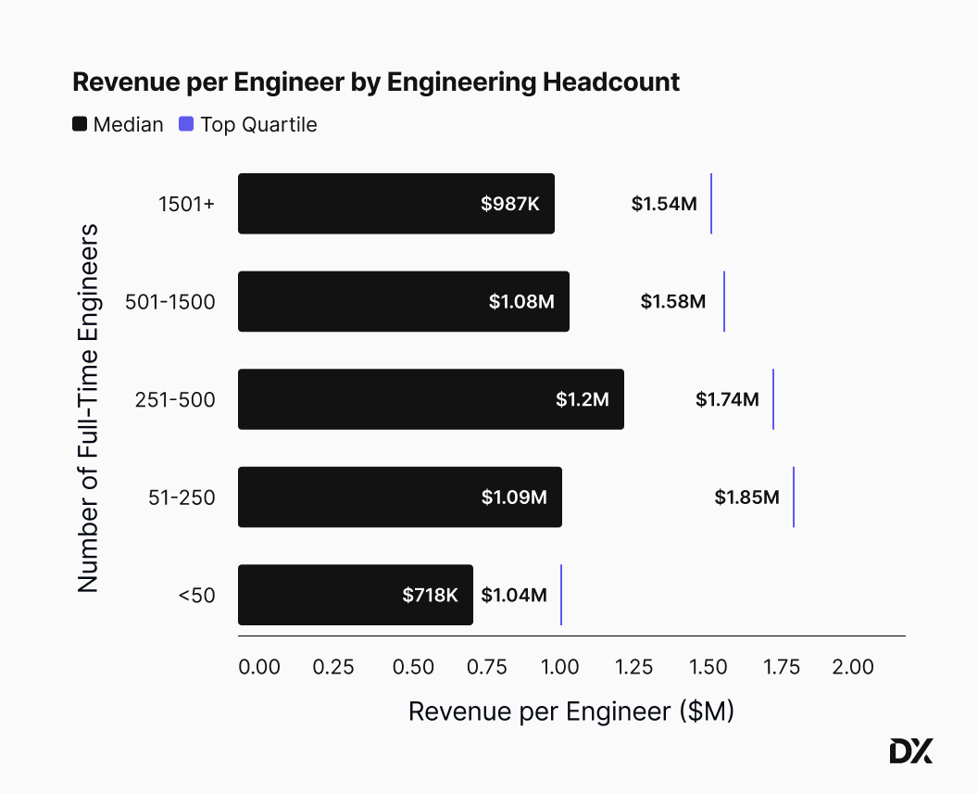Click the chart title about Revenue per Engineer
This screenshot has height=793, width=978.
(376, 82)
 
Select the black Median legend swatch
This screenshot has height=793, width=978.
(80, 124)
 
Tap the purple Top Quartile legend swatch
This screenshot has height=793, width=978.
(186, 124)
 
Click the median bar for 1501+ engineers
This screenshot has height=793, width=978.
(395, 204)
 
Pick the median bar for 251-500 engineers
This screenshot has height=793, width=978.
(431, 399)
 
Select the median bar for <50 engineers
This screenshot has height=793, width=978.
(355, 595)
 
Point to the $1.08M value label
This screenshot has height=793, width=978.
(521, 301)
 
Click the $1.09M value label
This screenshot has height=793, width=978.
(514, 497)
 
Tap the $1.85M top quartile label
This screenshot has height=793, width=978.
(746, 497)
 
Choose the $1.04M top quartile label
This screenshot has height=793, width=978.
(514, 595)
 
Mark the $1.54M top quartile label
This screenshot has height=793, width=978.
(664, 204)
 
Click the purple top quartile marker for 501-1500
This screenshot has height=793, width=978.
(724, 301)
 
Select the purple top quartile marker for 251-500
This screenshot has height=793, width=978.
(773, 399)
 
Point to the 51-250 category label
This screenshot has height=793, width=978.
(183, 497)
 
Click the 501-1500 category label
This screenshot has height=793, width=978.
(169, 301)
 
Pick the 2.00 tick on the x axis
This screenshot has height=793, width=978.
(852, 667)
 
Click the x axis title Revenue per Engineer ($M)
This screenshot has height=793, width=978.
(570, 711)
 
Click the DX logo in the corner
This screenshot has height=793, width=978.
(910, 751)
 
